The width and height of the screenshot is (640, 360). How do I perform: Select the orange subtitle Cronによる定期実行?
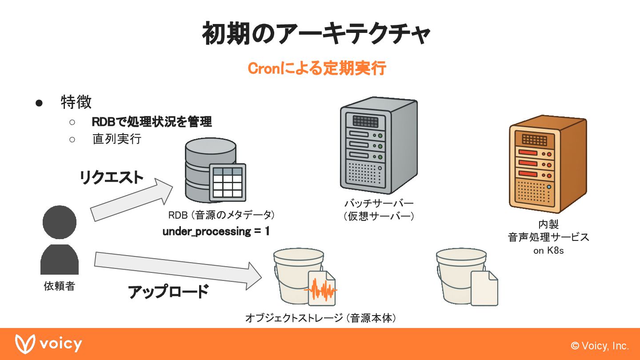316,69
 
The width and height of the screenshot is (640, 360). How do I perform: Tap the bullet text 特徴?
76,102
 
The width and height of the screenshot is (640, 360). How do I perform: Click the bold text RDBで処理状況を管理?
152,121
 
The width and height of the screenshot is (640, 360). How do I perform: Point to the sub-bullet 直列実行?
117,139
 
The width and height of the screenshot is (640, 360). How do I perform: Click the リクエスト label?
112,177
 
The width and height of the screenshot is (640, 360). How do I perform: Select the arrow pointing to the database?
131,200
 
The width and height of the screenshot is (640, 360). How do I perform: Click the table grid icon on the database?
228,182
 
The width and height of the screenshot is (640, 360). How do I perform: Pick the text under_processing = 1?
216,231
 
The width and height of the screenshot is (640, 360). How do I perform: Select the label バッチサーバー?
379,204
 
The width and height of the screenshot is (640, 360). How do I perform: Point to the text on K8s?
548,251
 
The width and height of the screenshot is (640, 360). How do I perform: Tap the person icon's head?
60,222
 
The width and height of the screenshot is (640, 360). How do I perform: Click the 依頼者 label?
59,286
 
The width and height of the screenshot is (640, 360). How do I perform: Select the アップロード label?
168,292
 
